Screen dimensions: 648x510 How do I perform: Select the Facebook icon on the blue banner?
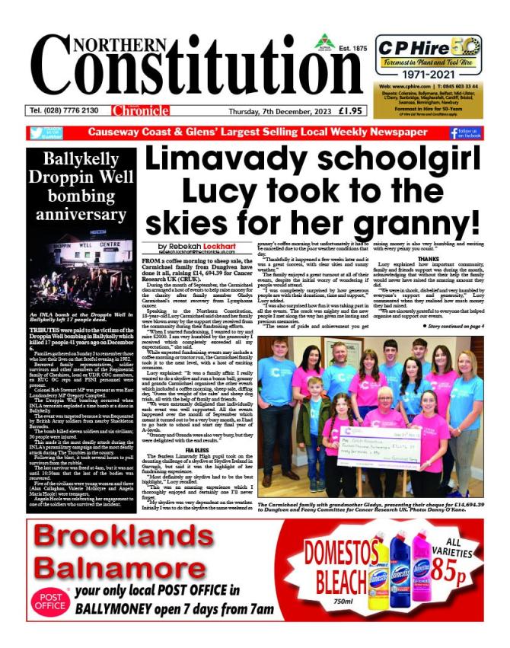coord(475,133)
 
